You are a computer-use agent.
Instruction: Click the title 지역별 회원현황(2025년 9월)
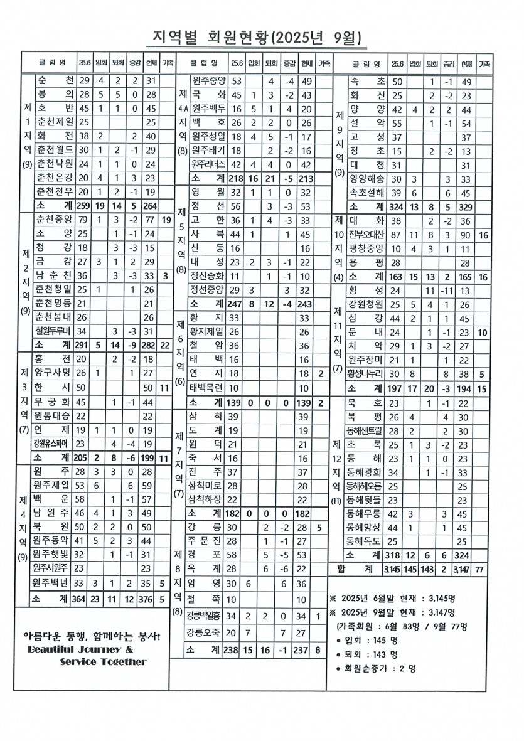pos(257,38)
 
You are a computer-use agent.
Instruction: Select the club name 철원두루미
pos(53,331)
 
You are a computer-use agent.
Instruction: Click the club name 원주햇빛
pos(53,554)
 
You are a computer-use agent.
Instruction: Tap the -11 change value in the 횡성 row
pos(447,291)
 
